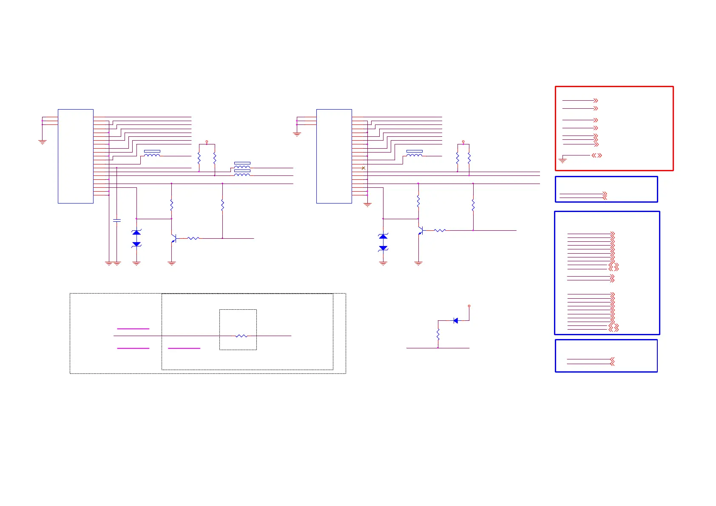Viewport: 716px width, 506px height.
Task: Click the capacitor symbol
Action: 117,220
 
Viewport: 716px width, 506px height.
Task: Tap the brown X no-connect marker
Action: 363,168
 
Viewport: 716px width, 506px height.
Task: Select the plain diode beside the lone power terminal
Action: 456,321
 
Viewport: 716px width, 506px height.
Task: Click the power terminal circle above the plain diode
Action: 469,306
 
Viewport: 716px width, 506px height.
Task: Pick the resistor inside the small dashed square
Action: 241,336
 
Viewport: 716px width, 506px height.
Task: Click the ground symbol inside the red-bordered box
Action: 563,161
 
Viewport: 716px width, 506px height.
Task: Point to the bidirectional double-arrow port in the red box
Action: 597,155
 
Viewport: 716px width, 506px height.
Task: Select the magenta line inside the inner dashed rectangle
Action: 184,348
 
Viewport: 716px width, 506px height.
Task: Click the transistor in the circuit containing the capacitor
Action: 173,239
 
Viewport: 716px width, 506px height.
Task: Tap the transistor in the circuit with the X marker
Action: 420,231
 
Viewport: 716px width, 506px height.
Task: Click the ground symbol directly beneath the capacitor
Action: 117,264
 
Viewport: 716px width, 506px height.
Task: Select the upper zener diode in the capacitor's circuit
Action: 136,232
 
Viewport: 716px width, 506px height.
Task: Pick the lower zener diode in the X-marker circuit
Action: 383,248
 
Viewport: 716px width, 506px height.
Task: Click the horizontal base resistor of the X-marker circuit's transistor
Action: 440,230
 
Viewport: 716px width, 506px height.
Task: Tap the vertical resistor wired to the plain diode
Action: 438,334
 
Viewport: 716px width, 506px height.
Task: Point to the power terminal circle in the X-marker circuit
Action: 463,141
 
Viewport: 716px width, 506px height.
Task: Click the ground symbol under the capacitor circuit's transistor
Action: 172,264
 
